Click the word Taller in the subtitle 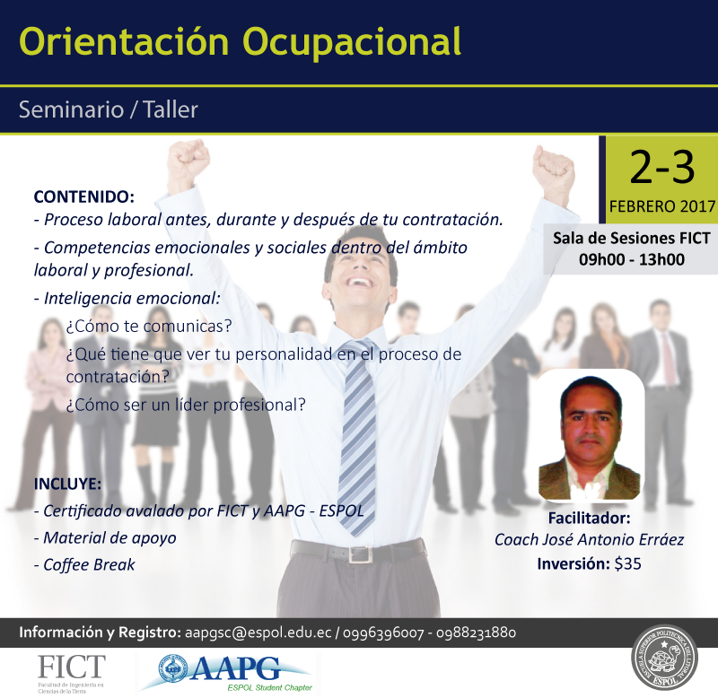coord(171,109)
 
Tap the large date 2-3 coord(661,168)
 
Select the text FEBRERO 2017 coord(662,206)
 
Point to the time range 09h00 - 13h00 coord(632,259)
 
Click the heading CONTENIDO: coord(84,196)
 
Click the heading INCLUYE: coord(68,484)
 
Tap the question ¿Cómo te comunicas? coord(149,327)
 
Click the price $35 coord(627,564)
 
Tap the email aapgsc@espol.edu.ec coord(258,633)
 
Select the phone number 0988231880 coord(477,633)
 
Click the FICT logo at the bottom coord(71,673)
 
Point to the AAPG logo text coord(234,669)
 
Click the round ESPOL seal coord(664,662)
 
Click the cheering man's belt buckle coord(357,554)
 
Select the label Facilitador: coord(589,519)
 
